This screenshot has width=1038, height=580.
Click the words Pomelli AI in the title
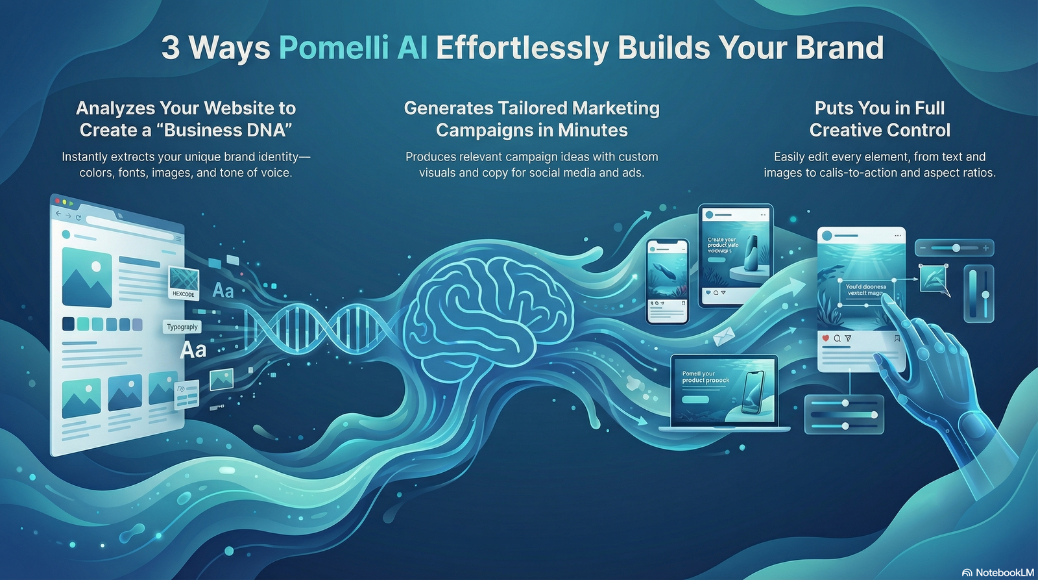353,48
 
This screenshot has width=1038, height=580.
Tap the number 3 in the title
171,48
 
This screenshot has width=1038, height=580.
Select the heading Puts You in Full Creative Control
880,119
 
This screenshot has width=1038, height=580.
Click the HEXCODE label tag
184,294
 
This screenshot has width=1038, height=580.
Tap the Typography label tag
182,327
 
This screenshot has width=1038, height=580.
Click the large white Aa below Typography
193,350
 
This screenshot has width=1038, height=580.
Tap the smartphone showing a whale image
668,281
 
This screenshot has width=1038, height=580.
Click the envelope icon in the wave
723,336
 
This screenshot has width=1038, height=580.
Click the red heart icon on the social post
825,338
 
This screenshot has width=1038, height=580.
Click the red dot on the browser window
58,201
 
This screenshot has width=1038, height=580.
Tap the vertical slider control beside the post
978,294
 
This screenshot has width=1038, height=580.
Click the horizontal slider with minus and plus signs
954,248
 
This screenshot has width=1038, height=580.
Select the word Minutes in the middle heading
592,131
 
